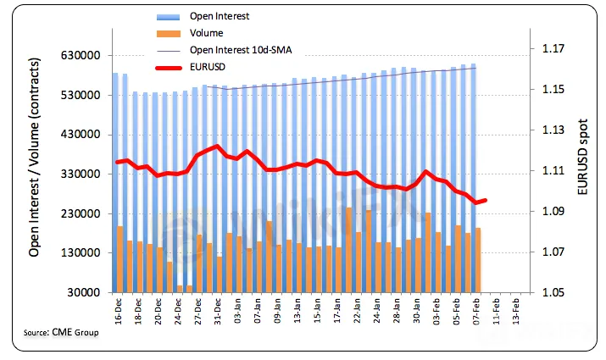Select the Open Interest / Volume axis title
(x=36, y=169)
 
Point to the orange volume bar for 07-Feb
(x=478, y=260)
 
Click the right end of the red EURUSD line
(x=485, y=200)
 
